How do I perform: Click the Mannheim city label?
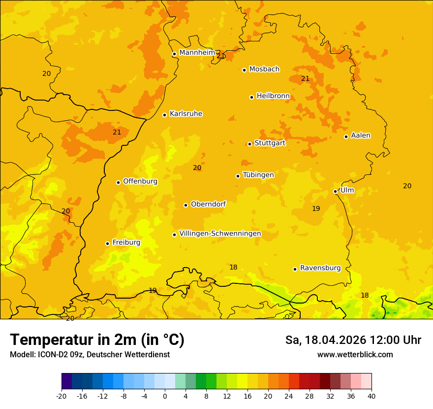pyautogui.click(x=197, y=53)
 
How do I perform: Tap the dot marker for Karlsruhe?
pyautogui.click(x=164, y=115)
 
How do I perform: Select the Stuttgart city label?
pyautogui.click(x=270, y=143)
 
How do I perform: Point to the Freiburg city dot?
pyautogui.click(x=107, y=243)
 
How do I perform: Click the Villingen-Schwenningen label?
pyautogui.click(x=220, y=234)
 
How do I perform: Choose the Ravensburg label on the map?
pyautogui.click(x=320, y=268)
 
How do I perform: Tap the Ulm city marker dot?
pyautogui.click(x=335, y=191)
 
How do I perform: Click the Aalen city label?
pyautogui.click(x=361, y=136)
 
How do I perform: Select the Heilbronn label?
pyautogui.click(x=273, y=96)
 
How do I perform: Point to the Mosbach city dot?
pyautogui.click(x=244, y=70)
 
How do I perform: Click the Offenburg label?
pyautogui.click(x=140, y=181)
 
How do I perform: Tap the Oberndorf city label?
pyautogui.click(x=208, y=204)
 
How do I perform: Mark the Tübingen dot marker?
pyautogui.click(x=238, y=176)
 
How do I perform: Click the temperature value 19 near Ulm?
pyautogui.click(x=316, y=208)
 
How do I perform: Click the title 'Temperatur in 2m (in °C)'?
pyautogui.click(x=97, y=340)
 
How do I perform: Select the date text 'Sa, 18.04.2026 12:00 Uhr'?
pyautogui.click(x=353, y=340)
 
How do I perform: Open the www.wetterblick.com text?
pyautogui.click(x=355, y=355)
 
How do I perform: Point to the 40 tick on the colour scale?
pyautogui.click(x=371, y=396)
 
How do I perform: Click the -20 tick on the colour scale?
pyautogui.click(x=62, y=396)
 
